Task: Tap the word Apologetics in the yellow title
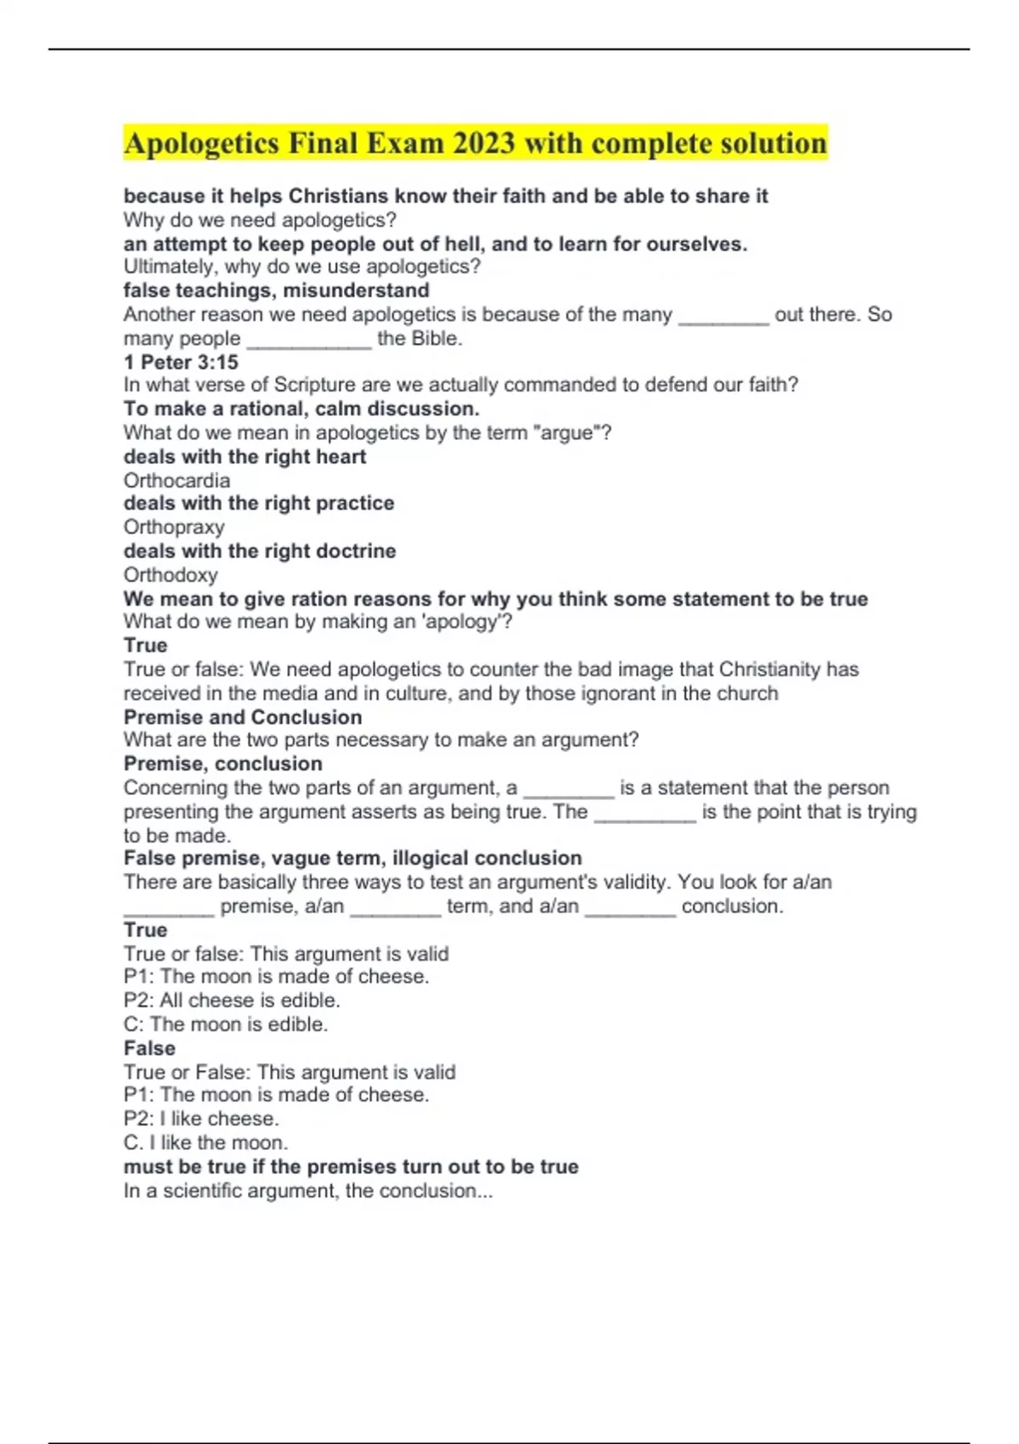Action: [201, 144]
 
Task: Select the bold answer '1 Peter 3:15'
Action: [181, 362]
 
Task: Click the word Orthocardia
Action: [177, 480]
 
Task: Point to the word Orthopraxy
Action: [174, 527]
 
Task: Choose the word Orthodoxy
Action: [171, 574]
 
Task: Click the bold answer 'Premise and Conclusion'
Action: [243, 717]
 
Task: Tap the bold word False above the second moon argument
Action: [149, 1048]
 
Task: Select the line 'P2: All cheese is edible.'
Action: [232, 1000]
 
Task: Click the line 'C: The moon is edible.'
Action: [226, 1024]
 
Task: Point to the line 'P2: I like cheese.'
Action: [201, 1118]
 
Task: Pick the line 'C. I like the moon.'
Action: [205, 1142]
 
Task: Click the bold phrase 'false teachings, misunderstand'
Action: [277, 290]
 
